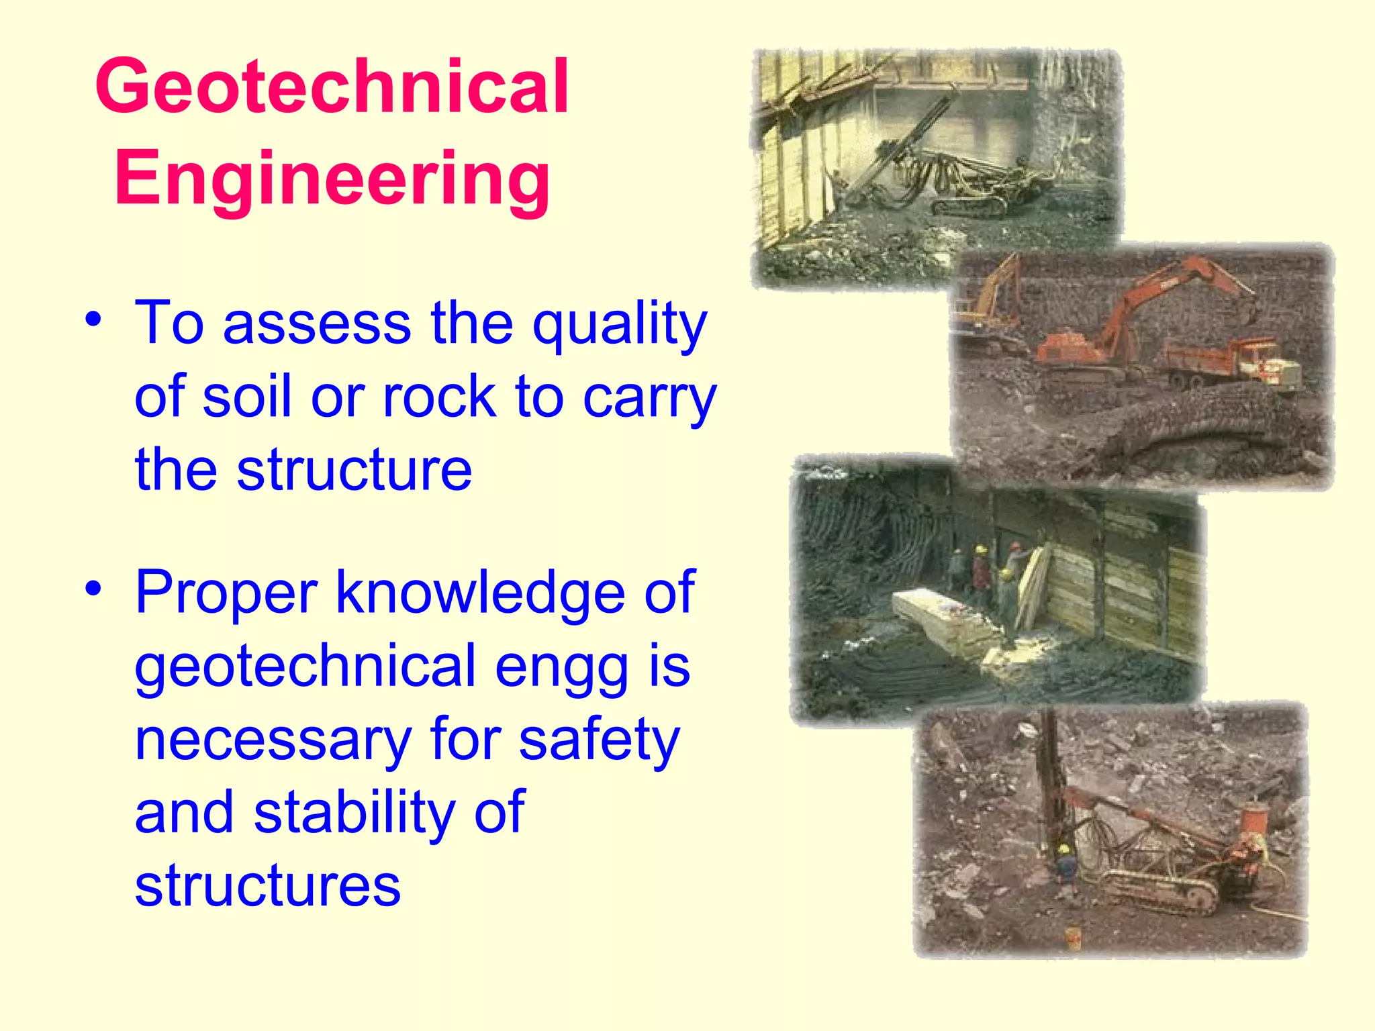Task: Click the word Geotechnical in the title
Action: (332, 87)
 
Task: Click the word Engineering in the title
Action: (332, 179)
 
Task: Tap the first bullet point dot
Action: (93, 318)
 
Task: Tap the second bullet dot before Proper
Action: (93, 588)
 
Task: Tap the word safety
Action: (600, 740)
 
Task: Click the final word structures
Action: (267, 885)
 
